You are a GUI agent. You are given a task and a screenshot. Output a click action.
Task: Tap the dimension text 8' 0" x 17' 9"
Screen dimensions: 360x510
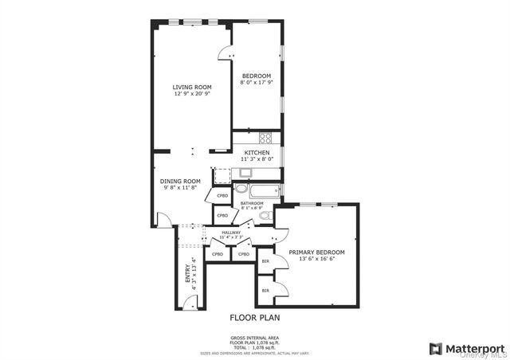(x=256, y=82)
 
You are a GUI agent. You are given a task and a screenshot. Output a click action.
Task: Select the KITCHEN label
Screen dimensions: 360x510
(x=256, y=152)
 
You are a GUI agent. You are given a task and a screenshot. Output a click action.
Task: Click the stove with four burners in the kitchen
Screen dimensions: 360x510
(x=263, y=136)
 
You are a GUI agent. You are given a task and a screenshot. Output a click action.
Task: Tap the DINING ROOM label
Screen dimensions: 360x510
(x=179, y=181)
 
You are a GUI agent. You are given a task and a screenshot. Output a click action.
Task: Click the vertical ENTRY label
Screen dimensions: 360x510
(x=188, y=275)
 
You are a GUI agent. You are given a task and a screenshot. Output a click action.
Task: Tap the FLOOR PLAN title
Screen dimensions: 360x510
(x=255, y=317)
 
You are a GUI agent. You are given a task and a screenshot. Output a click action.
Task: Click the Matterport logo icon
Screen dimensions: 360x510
(x=436, y=348)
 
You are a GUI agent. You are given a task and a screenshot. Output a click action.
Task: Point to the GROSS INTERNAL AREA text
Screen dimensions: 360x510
(x=254, y=338)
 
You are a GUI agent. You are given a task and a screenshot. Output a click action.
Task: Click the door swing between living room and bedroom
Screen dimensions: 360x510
(x=226, y=51)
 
